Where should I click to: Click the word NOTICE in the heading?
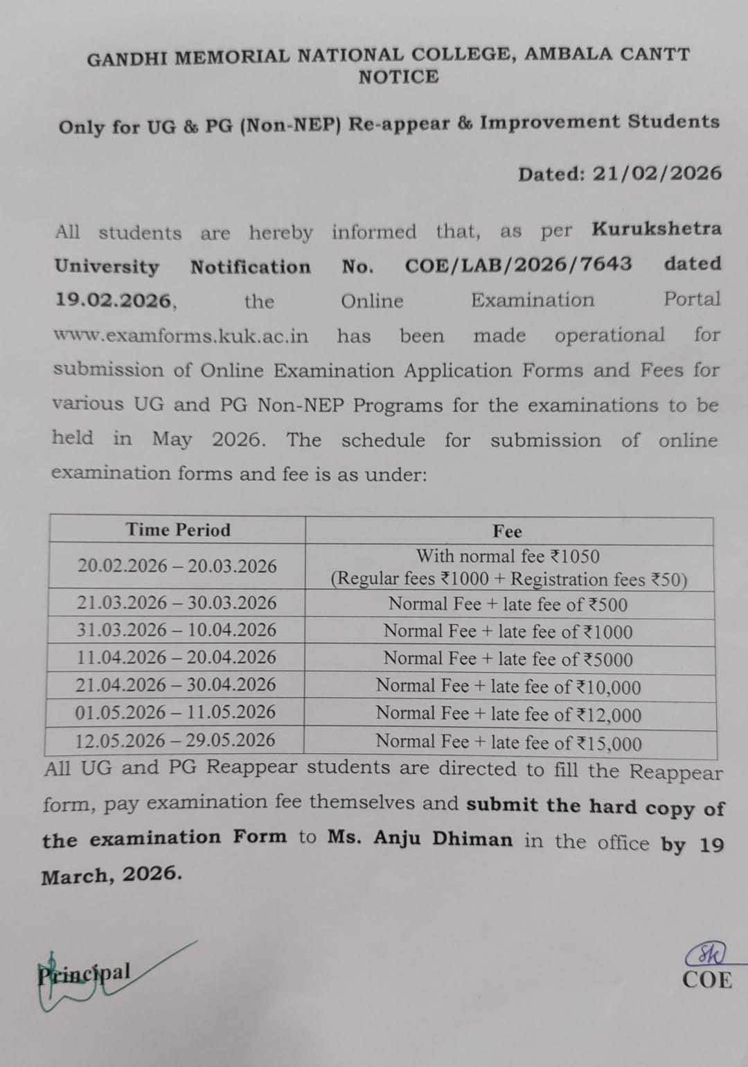[x=398, y=77]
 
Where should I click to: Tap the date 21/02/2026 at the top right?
[x=657, y=173]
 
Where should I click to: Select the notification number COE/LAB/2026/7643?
[x=518, y=264]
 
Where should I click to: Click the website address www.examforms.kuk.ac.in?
[x=181, y=336]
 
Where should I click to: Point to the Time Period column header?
[x=178, y=530]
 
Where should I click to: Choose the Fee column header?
[x=507, y=531]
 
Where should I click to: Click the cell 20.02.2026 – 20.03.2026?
[x=177, y=566]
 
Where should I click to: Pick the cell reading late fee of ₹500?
[x=508, y=604]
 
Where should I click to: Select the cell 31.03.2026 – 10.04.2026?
[x=177, y=630]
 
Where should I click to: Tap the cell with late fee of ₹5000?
[x=508, y=659]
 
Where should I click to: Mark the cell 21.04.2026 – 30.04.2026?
[x=176, y=685]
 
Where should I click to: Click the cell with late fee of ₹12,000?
[x=508, y=714]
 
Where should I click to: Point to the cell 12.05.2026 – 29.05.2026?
[x=175, y=740]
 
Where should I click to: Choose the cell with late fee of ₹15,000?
[x=508, y=743]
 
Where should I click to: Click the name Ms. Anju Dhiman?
[x=420, y=838]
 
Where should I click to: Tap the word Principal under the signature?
[x=84, y=973]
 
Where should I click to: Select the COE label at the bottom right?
[x=706, y=980]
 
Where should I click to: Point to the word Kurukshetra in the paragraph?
[x=656, y=229]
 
